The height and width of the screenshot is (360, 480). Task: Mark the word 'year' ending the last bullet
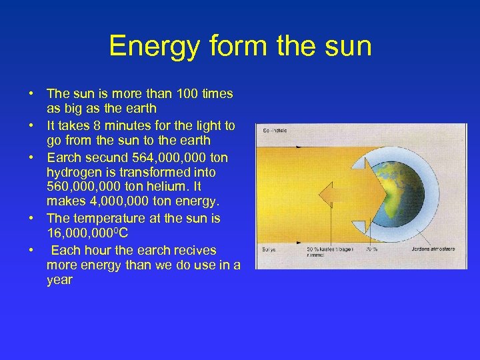pyautogui.click(x=59, y=281)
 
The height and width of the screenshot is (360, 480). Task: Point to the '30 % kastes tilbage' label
pyautogui.click(x=327, y=248)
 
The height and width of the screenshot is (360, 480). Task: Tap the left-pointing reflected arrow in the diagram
pyautogui.click(x=333, y=196)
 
